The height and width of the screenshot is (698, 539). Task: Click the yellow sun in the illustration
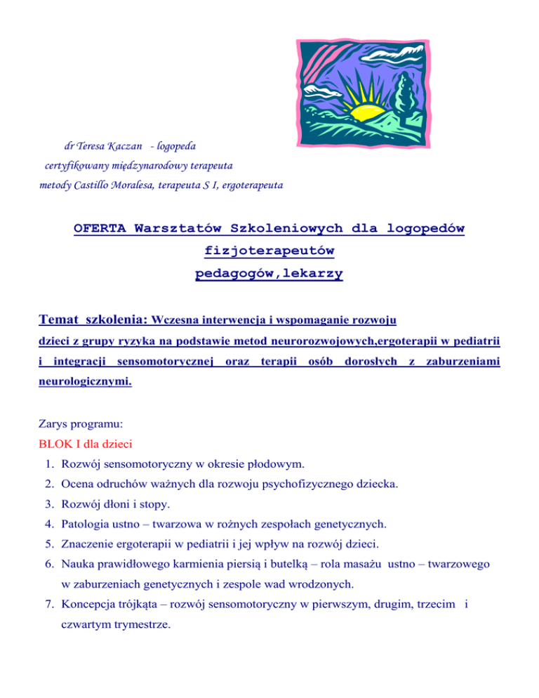coord(374,105)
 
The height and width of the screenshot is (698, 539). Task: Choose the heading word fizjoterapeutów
coord(269,251)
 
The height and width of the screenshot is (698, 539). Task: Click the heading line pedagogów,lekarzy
coord(269,272)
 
